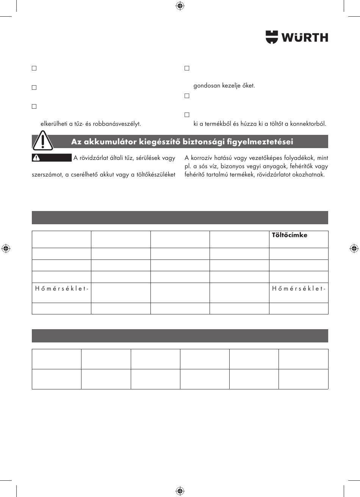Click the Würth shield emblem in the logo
click(272, 37)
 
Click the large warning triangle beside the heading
click(42, 141)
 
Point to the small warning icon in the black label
click(36, 158)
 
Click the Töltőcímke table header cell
click(290, 235)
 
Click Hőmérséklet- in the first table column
click(62, 289)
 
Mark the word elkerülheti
click(53, 123)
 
